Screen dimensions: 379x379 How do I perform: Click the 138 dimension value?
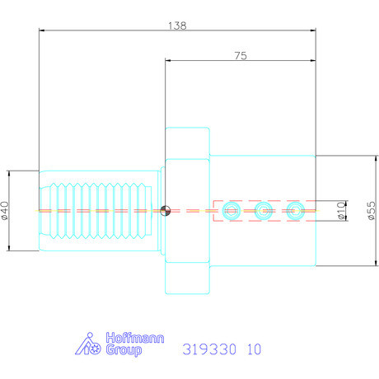point(177,26)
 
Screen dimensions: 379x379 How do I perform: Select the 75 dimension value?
point(241,55)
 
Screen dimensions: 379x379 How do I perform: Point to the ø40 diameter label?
point(7,212)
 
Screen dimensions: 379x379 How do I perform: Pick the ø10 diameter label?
point(339,212)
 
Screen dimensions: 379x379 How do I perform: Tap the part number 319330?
point(208,349)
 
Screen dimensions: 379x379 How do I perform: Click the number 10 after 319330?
point(254,349)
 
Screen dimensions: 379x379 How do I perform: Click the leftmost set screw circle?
point(231,211)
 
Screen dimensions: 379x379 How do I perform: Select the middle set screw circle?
point(263,211)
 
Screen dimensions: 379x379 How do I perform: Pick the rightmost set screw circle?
point(295,211)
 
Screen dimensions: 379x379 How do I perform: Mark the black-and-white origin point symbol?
point(166,211)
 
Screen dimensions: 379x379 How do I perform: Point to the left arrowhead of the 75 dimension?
point(168,61)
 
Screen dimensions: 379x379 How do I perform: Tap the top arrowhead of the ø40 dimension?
point(9,173)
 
